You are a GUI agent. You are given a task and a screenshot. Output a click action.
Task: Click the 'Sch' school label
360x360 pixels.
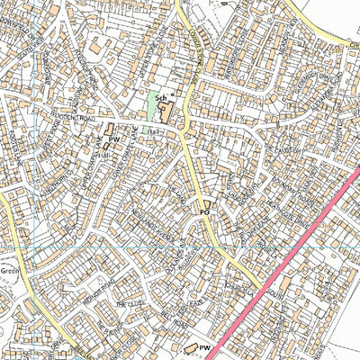tap(160, 97)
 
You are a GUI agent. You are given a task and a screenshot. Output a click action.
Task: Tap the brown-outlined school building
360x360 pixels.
tap(166, 112)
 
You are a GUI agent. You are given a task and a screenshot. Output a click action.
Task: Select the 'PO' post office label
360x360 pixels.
tap(204, 213)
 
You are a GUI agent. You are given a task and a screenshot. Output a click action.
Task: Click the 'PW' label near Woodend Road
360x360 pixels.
tap(115, 139)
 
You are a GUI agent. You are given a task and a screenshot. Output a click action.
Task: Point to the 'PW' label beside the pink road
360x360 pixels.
tap(204, 346)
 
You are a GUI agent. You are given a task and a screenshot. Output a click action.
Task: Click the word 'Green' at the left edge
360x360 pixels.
tap(9, 267)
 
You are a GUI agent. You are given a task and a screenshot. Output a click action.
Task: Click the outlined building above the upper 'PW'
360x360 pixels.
tap(110, 130)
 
